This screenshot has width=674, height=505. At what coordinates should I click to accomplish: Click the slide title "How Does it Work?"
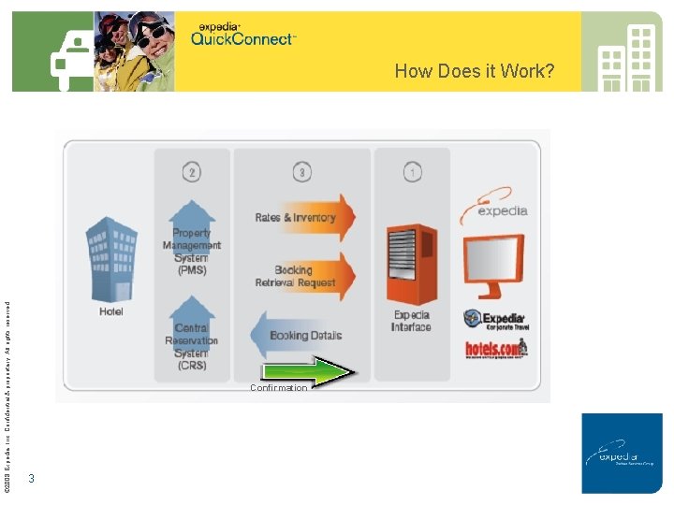(474, 71)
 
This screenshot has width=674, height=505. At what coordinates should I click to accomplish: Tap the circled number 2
(192, 172)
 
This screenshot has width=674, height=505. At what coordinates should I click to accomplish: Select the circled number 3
(301, 172)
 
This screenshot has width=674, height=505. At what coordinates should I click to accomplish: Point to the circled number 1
(412, 172)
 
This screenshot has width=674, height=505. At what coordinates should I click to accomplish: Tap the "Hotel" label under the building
(110, 311)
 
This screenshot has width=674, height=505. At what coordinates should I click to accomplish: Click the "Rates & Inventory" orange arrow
(305, 217)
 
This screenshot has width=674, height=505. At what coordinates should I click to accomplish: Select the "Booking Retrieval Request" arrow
(305, 276)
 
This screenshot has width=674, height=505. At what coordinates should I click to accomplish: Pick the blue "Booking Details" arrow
(300, 336)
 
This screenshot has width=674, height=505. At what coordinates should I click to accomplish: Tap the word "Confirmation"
(278, 388)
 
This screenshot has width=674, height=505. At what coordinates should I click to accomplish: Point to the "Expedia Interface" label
(412, 321)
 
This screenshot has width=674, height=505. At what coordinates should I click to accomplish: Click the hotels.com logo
(496, 349)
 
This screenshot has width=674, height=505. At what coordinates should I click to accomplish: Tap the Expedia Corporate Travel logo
(495, 319)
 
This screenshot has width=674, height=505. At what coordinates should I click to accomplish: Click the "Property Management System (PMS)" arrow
(192, 241)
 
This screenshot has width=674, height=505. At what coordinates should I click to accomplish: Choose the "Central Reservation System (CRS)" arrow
(192, 337)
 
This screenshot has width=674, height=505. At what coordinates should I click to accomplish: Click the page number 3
(31, 480)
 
